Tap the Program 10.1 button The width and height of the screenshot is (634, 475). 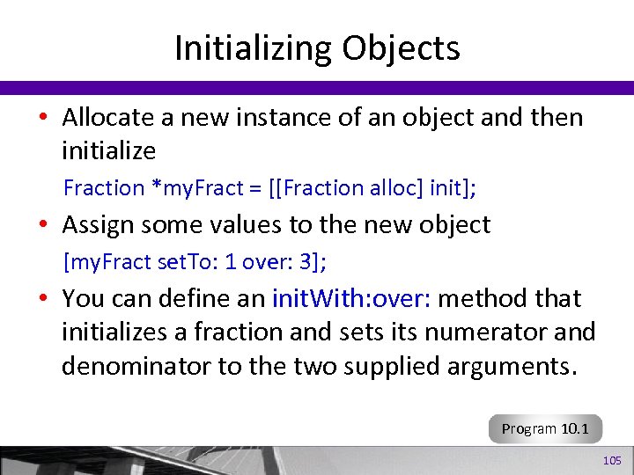click(x=546, y=429)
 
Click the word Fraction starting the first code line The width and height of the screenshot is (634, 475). click(x=103, y=187)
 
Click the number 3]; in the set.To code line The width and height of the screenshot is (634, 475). click(x=315, y=261)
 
